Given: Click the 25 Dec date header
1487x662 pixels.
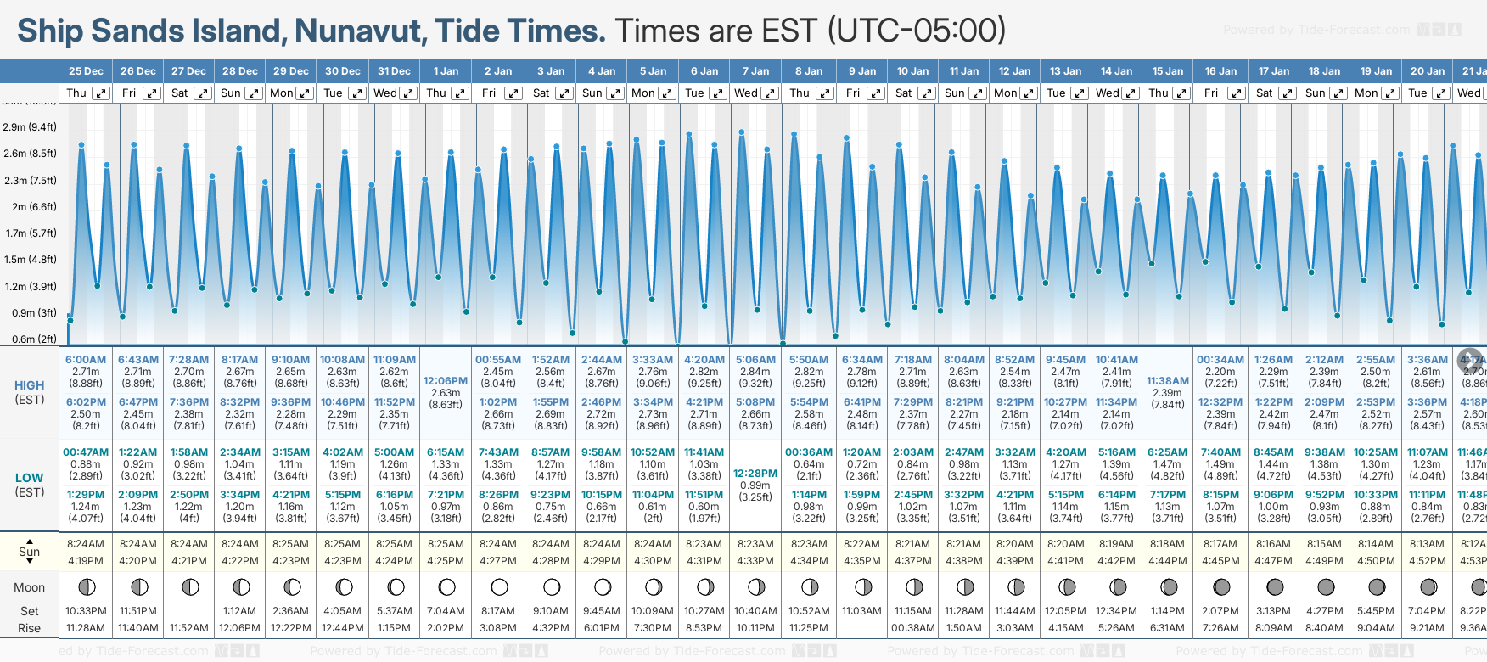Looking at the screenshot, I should (86, 71).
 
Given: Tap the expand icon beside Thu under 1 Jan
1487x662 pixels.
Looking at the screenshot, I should (459, 93).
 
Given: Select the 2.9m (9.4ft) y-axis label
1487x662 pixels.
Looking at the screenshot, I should (30, 127).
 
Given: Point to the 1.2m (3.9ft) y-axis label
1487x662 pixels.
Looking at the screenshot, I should (30, 287).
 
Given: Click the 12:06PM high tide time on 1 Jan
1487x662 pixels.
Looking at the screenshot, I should (446, 381).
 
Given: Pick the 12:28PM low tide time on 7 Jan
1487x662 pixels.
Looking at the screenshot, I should (755, 474).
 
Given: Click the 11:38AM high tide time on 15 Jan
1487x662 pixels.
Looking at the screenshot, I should (1167, 381).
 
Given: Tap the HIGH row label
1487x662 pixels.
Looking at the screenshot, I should (29, 385).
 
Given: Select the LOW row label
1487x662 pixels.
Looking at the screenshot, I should (29, 478).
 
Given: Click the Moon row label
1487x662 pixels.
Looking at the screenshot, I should (29, 587).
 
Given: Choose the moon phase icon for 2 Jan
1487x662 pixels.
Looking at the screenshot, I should (499, 587).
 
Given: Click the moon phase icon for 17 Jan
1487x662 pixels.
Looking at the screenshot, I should (1274, 587).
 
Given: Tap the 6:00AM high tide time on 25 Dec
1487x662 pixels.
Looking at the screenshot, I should (86, 360).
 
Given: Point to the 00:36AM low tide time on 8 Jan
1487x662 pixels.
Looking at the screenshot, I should (809, 452).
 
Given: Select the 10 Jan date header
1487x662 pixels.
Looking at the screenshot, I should (913, 71).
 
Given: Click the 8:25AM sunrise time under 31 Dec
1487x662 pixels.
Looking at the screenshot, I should (395, 544).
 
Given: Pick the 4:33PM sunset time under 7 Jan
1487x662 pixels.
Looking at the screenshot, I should (755, 561).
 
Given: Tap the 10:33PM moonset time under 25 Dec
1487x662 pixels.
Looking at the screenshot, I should (86, 611).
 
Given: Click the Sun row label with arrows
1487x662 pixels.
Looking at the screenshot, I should (29, 552).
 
